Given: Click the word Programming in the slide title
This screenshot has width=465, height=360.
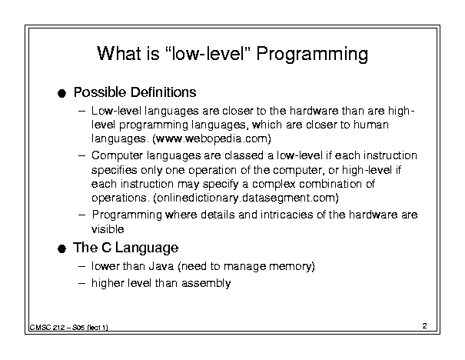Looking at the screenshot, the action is [x=312, y=55].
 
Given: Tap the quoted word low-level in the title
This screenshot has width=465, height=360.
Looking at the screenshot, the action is [x=208, y=53].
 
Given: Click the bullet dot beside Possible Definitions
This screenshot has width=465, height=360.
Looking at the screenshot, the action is [x=61, y=94].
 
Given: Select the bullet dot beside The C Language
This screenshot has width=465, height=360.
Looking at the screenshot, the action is [x=61, y=248].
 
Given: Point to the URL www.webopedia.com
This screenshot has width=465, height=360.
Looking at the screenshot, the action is [x=211, y=138].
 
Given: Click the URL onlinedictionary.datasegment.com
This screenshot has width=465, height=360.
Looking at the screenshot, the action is [x=246, y=198].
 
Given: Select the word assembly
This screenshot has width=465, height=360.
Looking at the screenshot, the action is [x=206, y=283].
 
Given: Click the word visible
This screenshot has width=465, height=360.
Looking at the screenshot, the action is [x=108, y=229].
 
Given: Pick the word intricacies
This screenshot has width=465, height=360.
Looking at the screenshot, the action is [x=287, y=215].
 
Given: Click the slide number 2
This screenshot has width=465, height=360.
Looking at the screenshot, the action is [x=425, y=326].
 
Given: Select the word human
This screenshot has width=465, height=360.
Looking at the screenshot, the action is [x=370, y=125].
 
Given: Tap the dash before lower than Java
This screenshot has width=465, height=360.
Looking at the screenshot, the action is [x=82, y=266].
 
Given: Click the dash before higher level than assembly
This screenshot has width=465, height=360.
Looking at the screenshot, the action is [x=82, y=283].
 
